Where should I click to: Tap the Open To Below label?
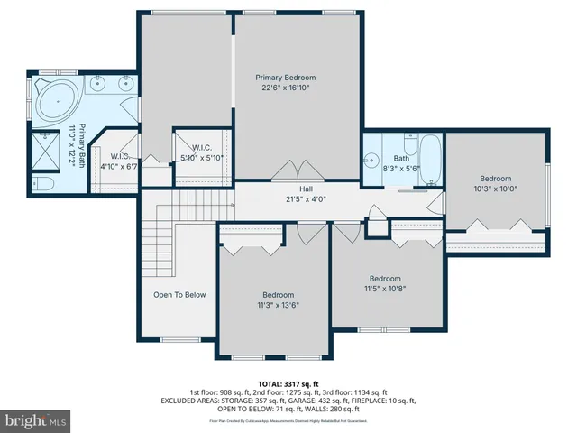[179, 295]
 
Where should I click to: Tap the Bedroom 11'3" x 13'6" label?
[278, 300]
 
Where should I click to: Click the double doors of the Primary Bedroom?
[289, 172]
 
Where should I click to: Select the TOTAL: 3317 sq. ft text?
[288, 382]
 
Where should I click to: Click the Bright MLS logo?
[36, 420]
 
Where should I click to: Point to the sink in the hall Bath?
[371, 161]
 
